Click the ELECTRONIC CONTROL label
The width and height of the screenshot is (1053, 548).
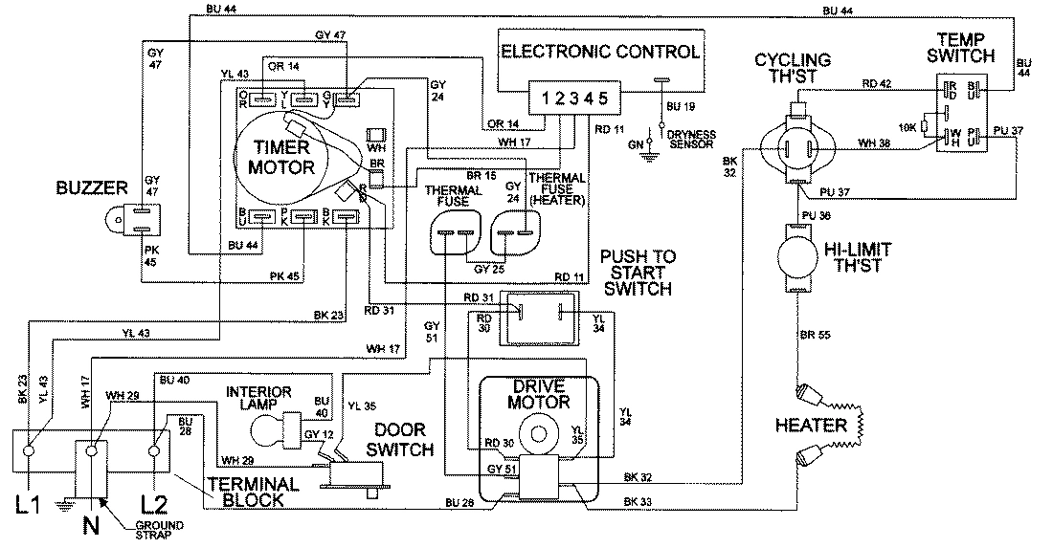tap(601, 52)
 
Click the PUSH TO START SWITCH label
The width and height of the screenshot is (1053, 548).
tap(638, 273)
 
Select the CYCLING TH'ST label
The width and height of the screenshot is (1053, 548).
tap(792, 69)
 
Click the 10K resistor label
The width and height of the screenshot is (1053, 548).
tap(907, 126)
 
